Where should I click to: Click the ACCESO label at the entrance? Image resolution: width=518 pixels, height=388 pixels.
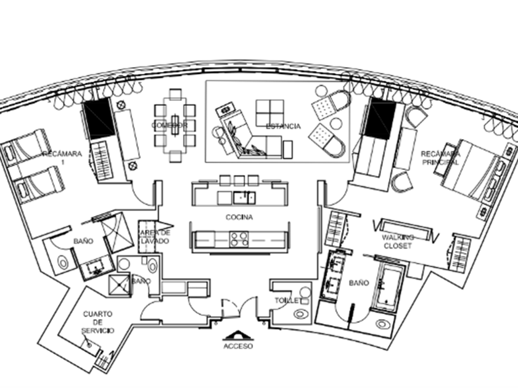(x=238, y=346)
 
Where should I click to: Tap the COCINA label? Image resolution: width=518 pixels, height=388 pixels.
(x=239, y=217)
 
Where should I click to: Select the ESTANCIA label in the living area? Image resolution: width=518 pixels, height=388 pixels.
(x=283, y=126)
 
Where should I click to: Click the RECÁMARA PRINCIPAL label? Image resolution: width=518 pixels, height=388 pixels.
(x=440, y=158)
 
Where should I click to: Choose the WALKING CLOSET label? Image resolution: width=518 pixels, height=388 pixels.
(x=398, y=241)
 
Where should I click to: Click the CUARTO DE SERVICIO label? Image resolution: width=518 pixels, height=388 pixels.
(x=98, y=322)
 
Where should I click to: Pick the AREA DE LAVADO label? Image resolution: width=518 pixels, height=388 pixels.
(x=154, y=237)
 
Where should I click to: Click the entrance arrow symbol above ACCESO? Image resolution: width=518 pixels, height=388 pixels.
(x=238, y=334)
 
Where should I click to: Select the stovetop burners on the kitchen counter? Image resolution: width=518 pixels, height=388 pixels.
(x=239, y=239)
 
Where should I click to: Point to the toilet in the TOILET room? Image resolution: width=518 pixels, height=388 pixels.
(x=300, y=313)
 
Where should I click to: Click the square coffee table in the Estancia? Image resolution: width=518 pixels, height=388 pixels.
(x=269, y=113)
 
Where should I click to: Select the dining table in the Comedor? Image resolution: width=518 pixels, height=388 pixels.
(x=175, y=123)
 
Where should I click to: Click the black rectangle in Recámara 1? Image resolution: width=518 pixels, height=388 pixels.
(x=99, y=118)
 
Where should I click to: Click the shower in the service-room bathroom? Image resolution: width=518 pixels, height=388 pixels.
(x=118, y=285)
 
